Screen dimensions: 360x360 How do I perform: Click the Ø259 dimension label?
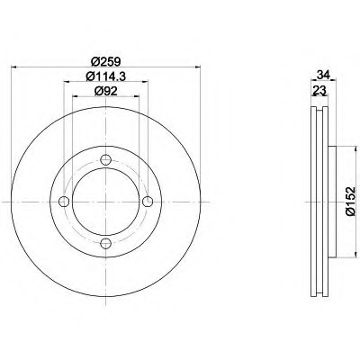tap(105, 61)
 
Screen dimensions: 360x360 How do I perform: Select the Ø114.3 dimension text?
tap(105, 76)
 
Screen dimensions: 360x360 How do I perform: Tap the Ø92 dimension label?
tap(105, 91)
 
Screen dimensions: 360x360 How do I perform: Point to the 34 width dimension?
tap(323, 74)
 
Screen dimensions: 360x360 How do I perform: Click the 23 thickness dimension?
tap(319, 89)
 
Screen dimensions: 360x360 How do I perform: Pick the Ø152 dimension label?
tap(350, 202)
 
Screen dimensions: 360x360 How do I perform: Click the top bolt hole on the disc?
tap(105, 160)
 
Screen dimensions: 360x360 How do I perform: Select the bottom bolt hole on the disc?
tap(105, 243)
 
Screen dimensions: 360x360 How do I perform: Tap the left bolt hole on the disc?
tap(64, 202)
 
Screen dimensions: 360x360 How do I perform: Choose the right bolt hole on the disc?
tap(148, 202)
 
